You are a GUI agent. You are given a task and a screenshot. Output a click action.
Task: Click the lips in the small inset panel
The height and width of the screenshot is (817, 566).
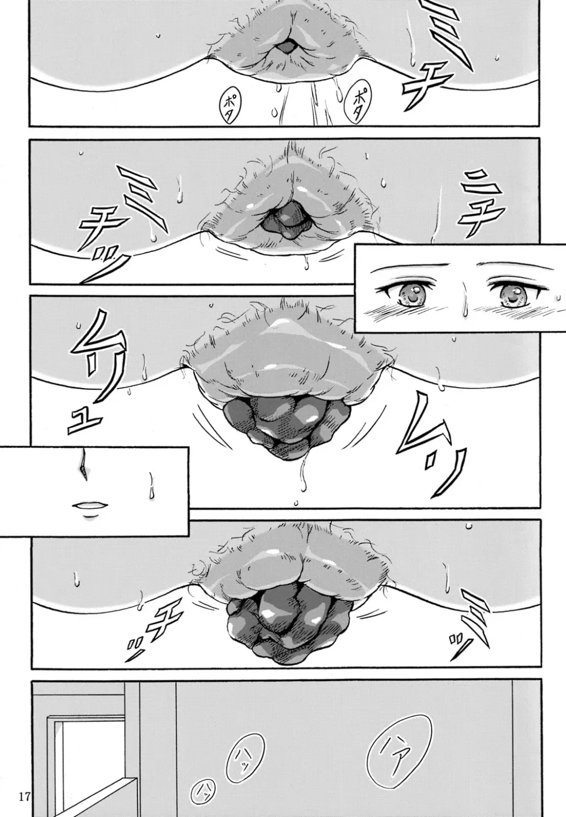(90, 506)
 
